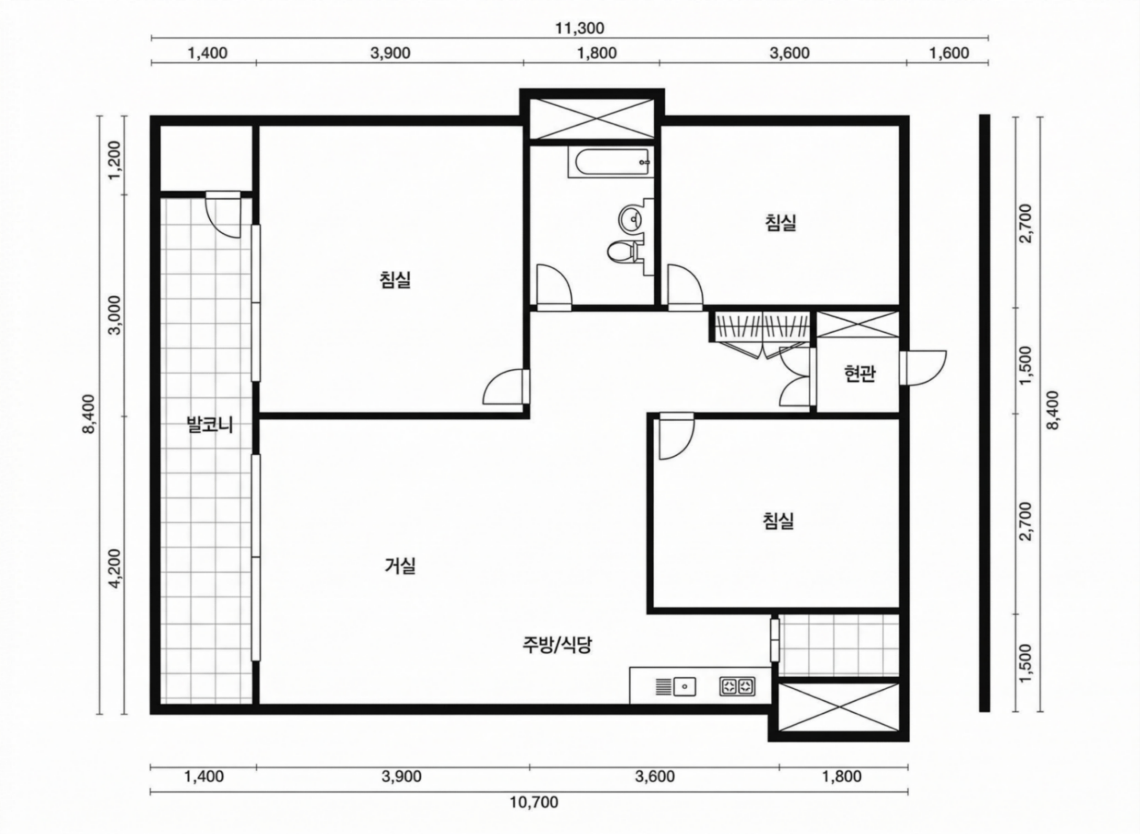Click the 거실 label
pyautogui.click(x=400, y=566)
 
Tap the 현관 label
pyautogui.click(x=859, y=374)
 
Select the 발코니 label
pyautogui.click(x=209, y=424)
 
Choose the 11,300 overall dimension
pyautogui.click(x=580, y=28)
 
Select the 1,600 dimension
pyautogui.click(x=949, y=53)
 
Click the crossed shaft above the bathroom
pyautogui.click(x=591, y=119)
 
